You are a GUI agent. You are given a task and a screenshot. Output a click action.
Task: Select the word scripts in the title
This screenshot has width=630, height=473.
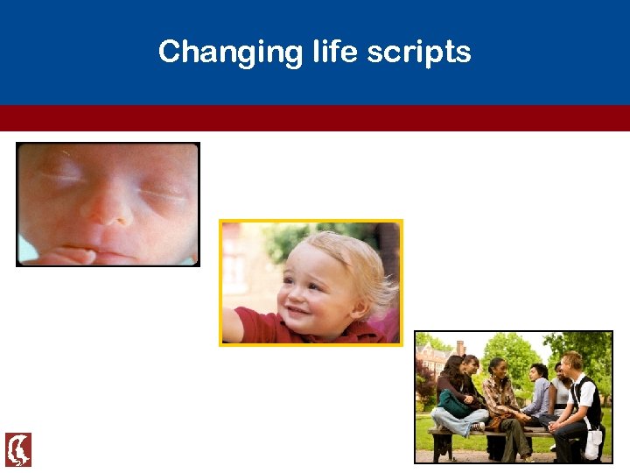(x=419, y=53)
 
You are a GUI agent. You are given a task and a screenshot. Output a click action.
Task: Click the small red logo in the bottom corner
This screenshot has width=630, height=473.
(x=18, y=449)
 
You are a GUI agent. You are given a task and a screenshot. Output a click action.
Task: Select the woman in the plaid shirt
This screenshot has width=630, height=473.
(x=501, y=399)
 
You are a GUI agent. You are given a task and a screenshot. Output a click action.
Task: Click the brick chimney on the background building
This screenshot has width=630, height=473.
(x=460, y=348)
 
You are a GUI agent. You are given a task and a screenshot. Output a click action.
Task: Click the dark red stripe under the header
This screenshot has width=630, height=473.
(x=315, y=118)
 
